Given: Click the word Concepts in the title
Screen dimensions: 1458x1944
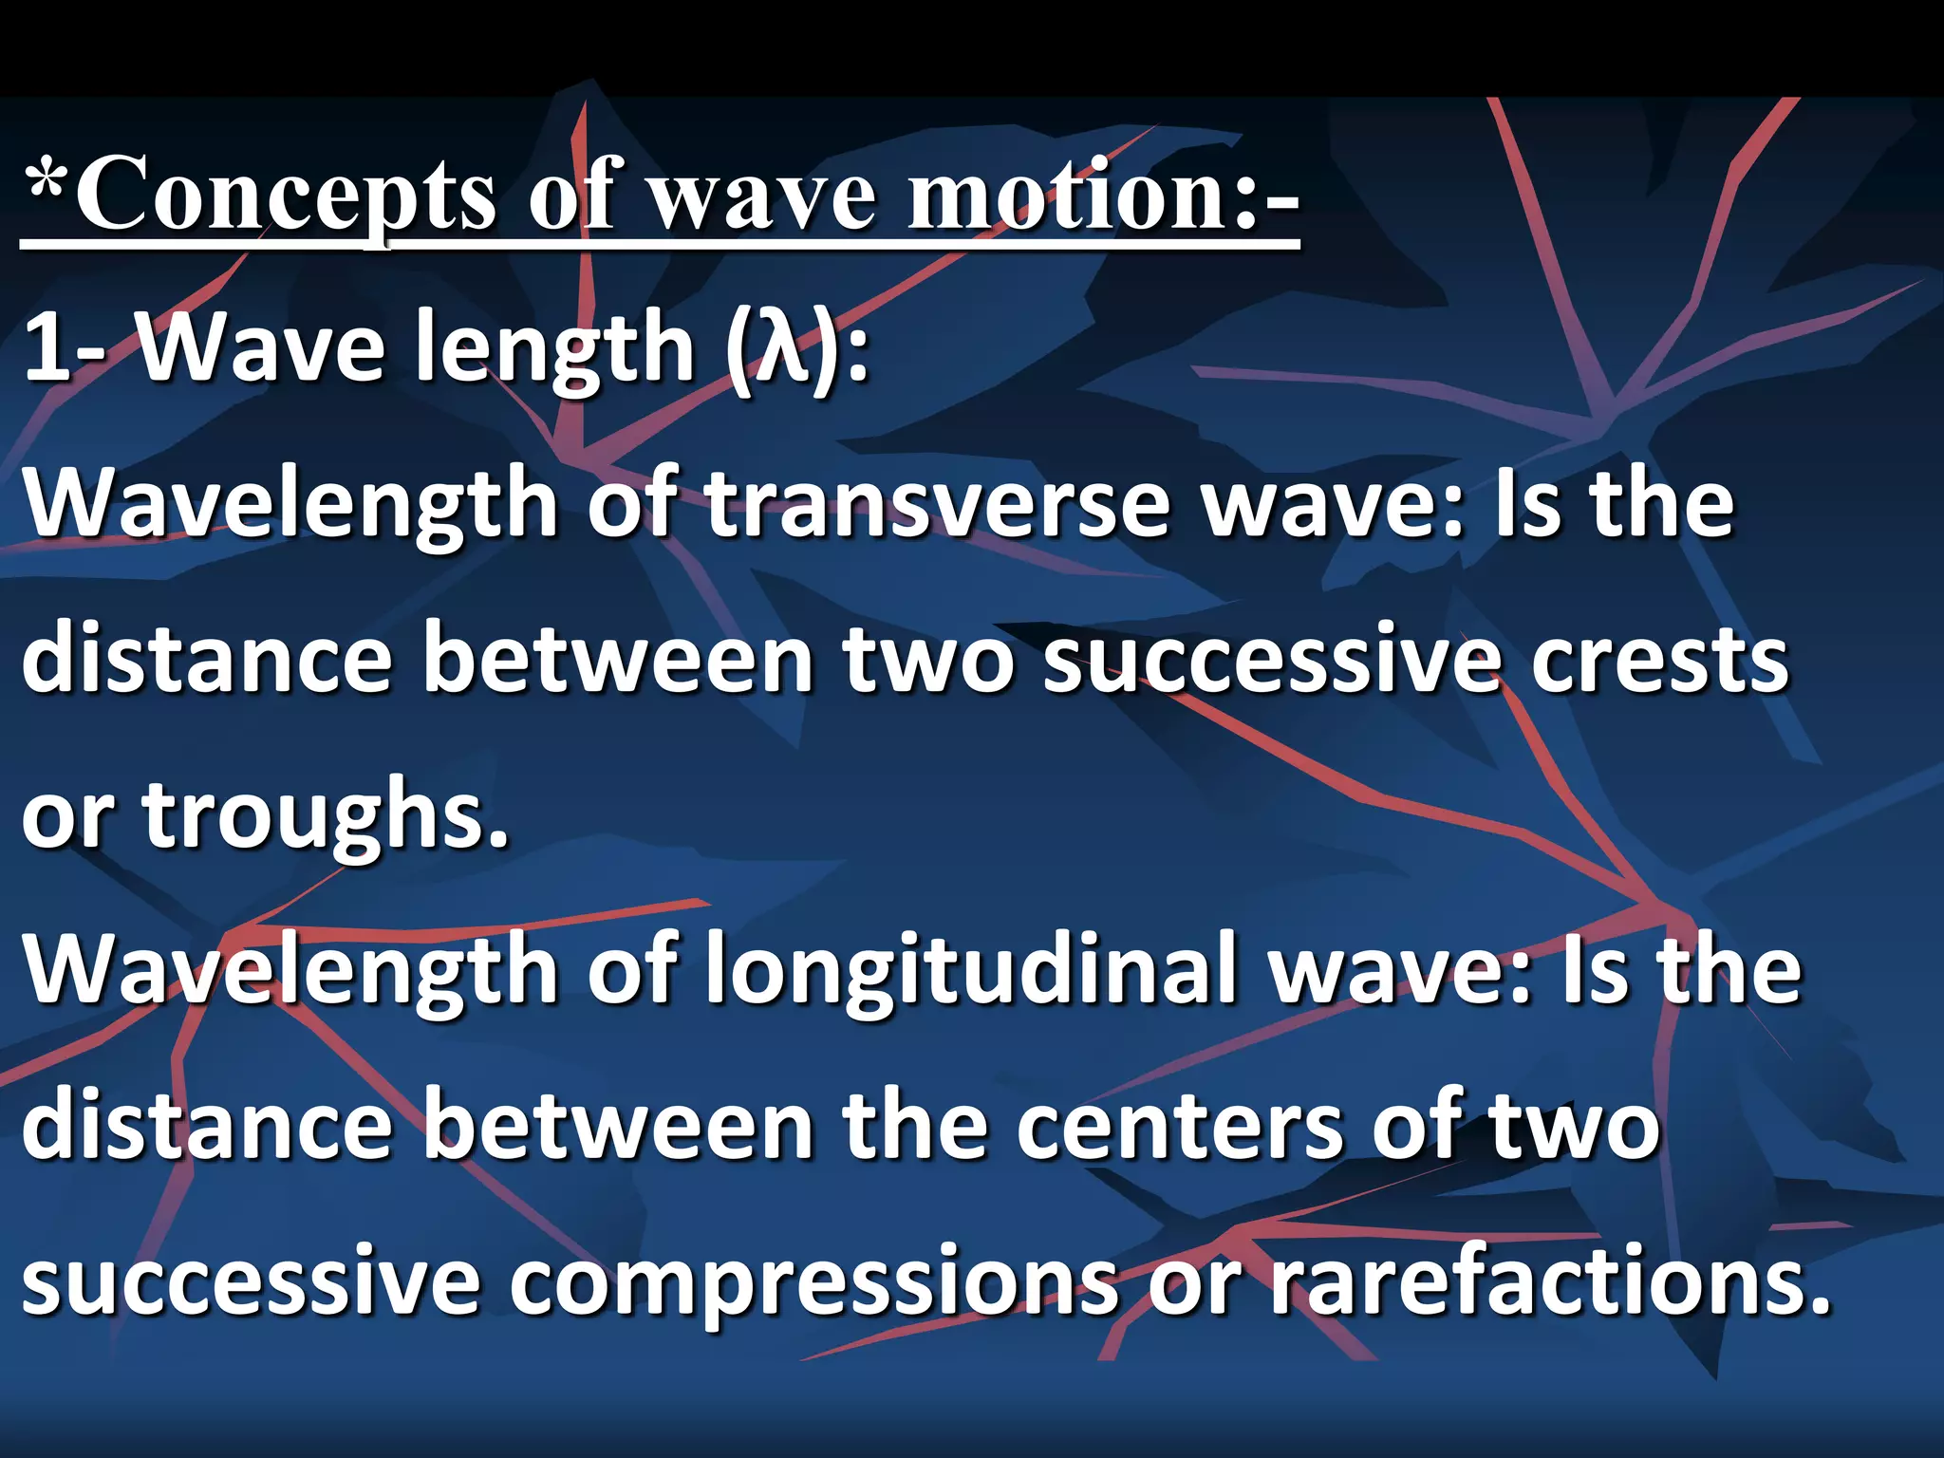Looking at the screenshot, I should [285, 195].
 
